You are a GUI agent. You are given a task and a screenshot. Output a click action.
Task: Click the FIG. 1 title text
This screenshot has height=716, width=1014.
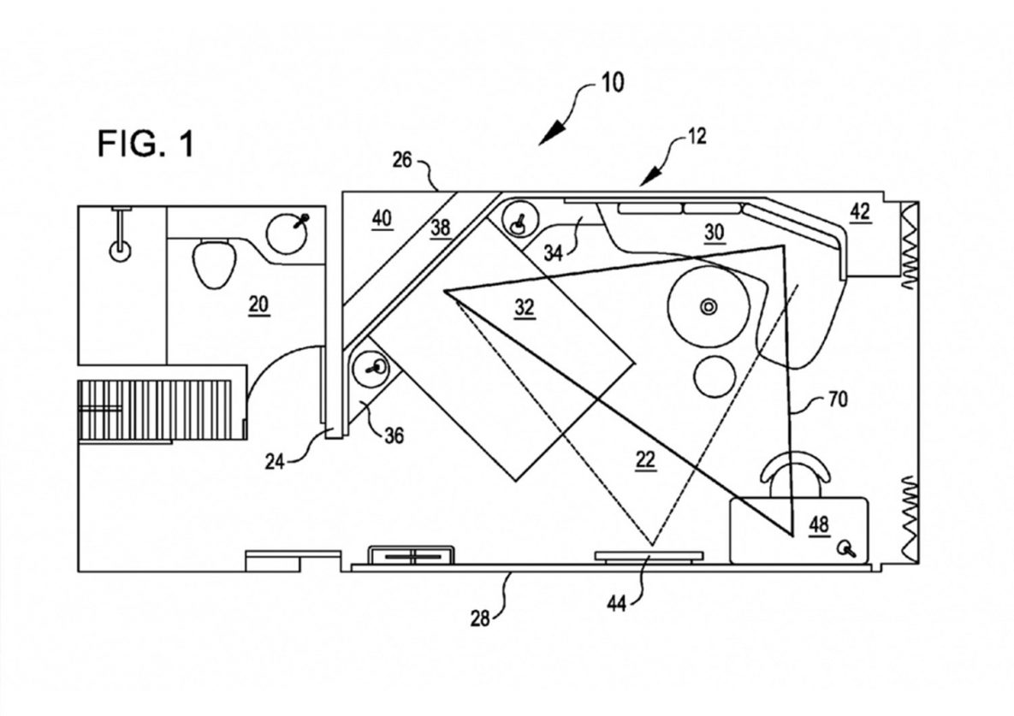pyautogui.click(x=145, y=144)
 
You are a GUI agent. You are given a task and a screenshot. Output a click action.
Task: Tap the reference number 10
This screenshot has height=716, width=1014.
pyautogui.click(x=613, y=83)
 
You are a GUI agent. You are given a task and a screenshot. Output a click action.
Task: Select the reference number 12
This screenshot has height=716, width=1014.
pyautogui.click(x=697, y=136)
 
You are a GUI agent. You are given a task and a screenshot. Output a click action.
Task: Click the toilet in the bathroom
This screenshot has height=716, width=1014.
pyautogui.click(x=214, y=263)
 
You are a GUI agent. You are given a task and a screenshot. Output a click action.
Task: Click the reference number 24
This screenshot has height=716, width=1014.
pyautogui.click(x=275, y=461)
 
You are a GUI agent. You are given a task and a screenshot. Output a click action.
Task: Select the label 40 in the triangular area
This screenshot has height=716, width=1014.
pyautogui.click(x=382, y=218)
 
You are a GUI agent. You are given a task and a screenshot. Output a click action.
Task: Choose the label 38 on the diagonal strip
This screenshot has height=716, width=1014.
pyautogui.click(x=441, y=228)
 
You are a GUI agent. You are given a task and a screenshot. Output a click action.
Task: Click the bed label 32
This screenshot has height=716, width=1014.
pyautogui.click(x=525, y=308)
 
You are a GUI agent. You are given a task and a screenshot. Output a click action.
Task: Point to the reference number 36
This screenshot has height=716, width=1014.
pyautogui.click(x=394, y=435)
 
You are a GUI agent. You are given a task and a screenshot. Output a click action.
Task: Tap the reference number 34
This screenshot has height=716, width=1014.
pyautogui.click(x=553, y=252)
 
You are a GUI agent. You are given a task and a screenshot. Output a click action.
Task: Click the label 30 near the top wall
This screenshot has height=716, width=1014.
pyautogui.click(x=714, y=232)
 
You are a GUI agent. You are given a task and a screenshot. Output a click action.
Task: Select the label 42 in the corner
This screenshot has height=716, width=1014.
pyautogui.click(x=860, y=211)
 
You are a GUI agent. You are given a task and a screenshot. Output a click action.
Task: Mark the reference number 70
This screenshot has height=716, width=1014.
pyautogui.click(x=838, y=399)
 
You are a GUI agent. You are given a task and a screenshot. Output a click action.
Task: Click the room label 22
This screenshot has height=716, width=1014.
pyautogui.click(x=645, y=460)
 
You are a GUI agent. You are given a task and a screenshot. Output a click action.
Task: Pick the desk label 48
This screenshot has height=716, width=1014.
pyautogui.click(x=819, y=524)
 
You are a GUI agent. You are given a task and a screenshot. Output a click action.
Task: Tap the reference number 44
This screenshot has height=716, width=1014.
pyautogui.click(x=616, y=604)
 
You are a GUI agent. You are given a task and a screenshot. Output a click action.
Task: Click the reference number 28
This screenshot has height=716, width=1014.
pyautogui.click(x=480, y=618)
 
